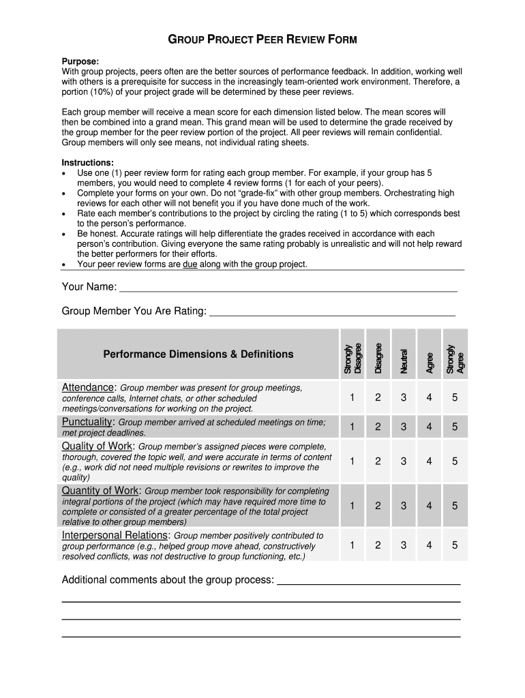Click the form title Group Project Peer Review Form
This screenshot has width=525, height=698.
[262, 40]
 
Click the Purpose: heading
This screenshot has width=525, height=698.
[80, 61]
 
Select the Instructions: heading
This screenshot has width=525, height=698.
[88, 163]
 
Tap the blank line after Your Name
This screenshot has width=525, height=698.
[288, 288]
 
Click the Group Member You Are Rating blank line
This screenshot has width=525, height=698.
[332, 312]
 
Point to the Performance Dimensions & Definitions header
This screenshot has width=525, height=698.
[198, 354]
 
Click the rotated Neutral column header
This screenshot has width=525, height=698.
[404, 361]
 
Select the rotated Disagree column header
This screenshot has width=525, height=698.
[378, 354]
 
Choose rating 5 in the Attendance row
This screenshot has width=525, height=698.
[455, 398]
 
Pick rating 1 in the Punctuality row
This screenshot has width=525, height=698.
[352, 427]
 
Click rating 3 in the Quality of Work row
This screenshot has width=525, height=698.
[404, 461]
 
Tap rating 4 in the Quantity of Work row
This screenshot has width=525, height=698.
[430, 506]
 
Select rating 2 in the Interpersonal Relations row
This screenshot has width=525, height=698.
[378, 545]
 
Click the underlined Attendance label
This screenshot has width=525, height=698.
[88, 387]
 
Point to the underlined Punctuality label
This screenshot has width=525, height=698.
[87, 422]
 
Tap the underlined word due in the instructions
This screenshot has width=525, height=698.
[190, 264]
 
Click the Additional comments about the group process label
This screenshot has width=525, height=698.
[168, 580]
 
